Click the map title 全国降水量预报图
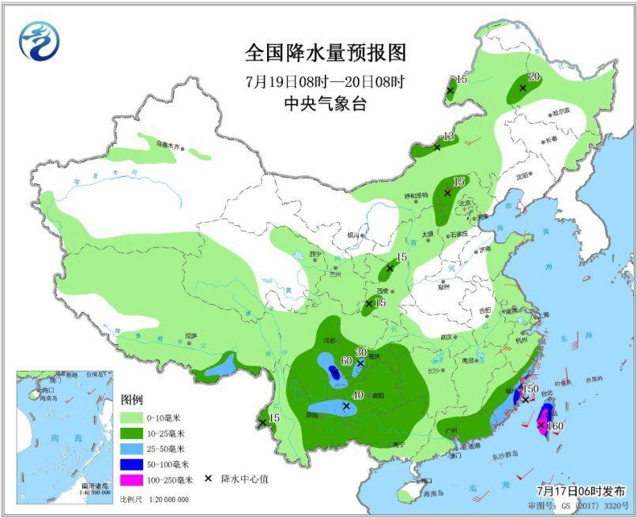(325, 54)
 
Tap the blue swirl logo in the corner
(40, 40)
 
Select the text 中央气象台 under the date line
(325, 103)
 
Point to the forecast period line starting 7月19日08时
(325, 81)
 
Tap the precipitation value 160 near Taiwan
(555, 426)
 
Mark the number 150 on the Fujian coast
(530, 388)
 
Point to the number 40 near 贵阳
(357, 396)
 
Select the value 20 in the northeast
(533, 77)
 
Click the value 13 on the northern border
(448, 137)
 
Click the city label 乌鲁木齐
(168, 145)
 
